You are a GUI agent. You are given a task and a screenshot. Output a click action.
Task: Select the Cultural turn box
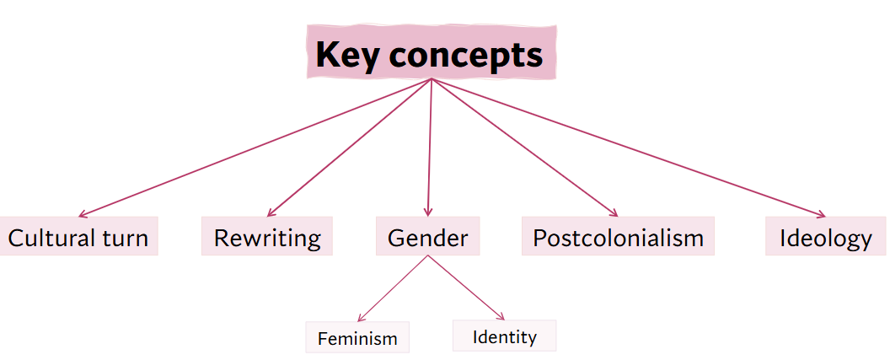pyautogui.click(x=78, y=237)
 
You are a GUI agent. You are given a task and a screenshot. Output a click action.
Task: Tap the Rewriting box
pyautogui.click(x=267, y=237)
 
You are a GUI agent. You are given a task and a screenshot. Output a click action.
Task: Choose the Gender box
pyautogui.click(x=427, y=237)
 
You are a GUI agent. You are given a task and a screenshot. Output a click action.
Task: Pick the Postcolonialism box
pyautogui.click(x=618, y=237)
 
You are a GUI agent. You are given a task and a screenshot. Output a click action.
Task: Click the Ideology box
pyautogui.click(x=825, y=237)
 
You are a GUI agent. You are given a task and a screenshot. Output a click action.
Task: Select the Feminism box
pyautogui.click(x=357, y=338)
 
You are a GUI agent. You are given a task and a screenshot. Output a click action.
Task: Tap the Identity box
pyautogui.click(x=504, y=336)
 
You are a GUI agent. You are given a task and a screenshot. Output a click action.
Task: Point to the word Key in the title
pyautogui.click(x=343, y=56)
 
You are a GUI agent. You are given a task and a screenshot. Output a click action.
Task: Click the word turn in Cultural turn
pyautogui.click(x=124, y=238)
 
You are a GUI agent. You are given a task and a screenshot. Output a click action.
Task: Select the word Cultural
pyautogui.click(x=52, y=238)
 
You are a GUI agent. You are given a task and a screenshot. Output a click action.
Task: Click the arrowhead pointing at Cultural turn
pyautogui.click(x=83, y=215)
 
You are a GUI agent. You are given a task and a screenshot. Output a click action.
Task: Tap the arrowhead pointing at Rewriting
pyautogui.click(x=269, y=214)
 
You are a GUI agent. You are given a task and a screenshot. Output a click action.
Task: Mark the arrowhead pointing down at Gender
pyautogui.click(x=428, y=213)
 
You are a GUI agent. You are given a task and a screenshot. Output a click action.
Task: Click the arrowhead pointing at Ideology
pyautogui.click(x=822, y=215)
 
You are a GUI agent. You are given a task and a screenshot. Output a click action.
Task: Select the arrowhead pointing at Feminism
pyautogui.click(x=359, y=318)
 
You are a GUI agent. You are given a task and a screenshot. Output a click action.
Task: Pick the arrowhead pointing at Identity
pyautogui.click(x=501, y=316)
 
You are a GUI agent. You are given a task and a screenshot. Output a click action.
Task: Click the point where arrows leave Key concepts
pyautogui.click(x=431, y=80)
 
